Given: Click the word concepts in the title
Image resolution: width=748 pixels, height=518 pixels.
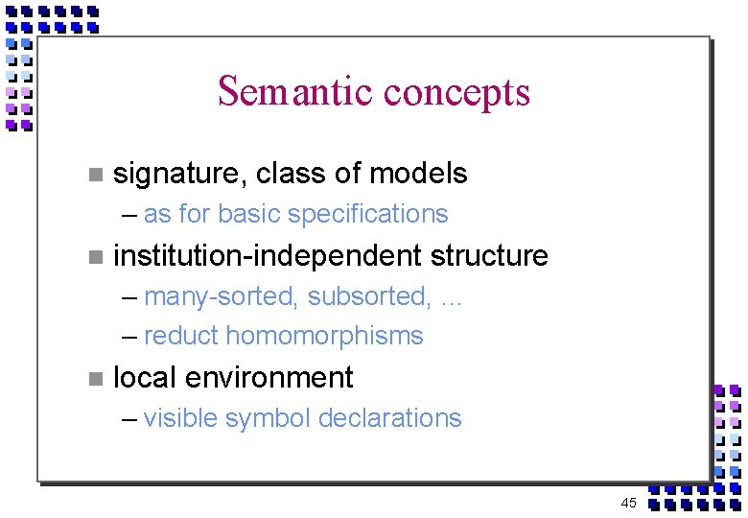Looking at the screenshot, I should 456,93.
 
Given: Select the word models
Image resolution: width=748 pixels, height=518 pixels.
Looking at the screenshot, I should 418,173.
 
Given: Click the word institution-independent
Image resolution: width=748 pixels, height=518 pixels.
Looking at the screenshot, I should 268,256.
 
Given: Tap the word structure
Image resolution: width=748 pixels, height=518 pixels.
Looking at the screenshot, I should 489,256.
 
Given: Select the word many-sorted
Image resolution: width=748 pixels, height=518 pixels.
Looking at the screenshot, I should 222,297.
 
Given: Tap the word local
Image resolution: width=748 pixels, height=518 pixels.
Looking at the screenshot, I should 144,377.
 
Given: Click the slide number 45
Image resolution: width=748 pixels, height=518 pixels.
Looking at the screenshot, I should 628,503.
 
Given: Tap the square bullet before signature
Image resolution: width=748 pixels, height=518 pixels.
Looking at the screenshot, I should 93,175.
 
